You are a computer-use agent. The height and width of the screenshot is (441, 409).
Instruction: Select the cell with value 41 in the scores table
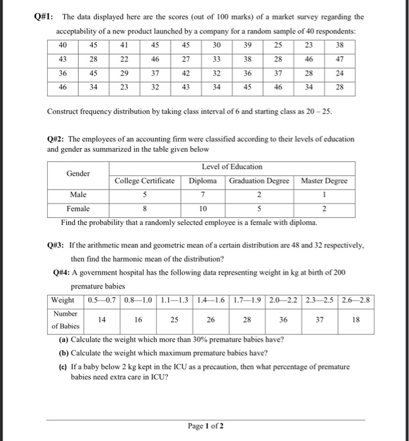tap(124, 45)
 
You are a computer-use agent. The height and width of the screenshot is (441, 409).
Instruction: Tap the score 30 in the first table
tap(217, 45)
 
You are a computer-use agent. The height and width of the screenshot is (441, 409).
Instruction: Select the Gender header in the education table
tap(78, 173)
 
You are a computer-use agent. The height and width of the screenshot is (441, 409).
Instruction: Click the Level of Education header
tap(232, 166)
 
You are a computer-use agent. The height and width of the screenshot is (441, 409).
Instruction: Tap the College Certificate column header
tap(144, 181)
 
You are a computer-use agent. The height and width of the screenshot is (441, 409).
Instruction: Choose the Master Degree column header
tap(324, 181)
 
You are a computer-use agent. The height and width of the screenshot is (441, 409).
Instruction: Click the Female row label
tap(78, 209)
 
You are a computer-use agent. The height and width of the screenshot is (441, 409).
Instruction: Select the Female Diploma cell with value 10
tap(203, 209)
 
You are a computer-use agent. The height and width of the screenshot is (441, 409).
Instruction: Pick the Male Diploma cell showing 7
tap(203, 195)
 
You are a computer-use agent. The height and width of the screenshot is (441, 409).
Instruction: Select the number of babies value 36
tap(284, 319)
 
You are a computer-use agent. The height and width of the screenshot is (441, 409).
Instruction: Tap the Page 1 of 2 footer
tap(205, 426)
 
